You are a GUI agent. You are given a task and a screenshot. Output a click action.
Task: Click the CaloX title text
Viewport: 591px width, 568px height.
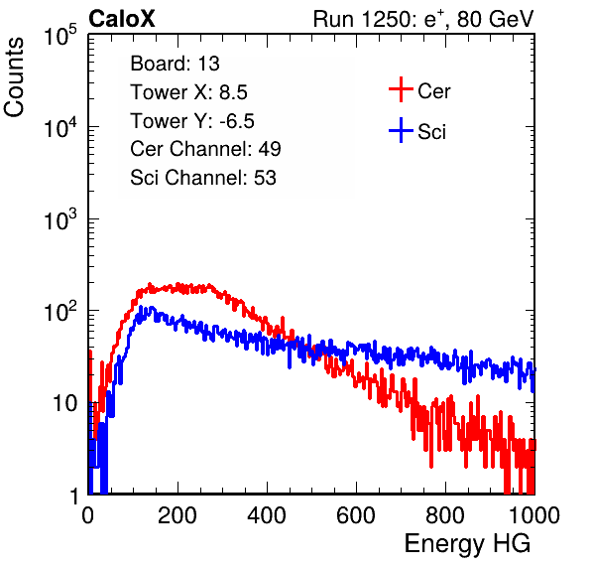pyautogui.click(x=122, y=19)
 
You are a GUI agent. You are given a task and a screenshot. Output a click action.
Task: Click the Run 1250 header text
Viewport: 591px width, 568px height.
pyautogui.click(x=423, y=19)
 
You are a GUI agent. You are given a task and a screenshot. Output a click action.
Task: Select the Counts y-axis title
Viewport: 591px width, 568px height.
pyautogui.click(x=14, y=77)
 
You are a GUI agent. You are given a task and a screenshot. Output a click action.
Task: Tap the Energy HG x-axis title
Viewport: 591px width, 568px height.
pyautogui.click(x=467, y=544)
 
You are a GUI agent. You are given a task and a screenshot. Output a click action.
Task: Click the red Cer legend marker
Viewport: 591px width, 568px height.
pyautogui.click(x=401, y=89)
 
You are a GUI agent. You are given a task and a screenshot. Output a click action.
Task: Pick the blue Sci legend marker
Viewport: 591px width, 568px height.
pyautogui.click(x=401, y=131)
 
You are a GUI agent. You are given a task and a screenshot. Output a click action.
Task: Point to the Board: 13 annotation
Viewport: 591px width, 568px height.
pyautogui.click(x=175, y=64)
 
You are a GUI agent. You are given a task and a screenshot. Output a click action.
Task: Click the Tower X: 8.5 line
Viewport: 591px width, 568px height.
pyautogui.click(x=188, y=92)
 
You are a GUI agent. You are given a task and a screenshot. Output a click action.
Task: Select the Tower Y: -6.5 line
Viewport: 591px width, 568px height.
pyautogui.click(x=192, y=121)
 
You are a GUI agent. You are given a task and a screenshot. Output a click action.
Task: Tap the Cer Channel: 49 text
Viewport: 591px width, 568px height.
pyautogui.click(x=206, y=149)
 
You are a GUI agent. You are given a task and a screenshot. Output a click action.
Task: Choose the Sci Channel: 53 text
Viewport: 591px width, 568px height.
pyautogui.click(x=203, y=178)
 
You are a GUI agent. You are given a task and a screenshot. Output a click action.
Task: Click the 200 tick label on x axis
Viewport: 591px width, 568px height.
pyautogui.click(x=177, y=515)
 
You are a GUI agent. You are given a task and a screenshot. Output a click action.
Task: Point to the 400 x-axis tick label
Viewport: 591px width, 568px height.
pyautogui.click(x=267, y=515)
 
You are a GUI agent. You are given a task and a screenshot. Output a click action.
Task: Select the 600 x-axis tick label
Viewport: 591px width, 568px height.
pyautogui.click(x=356, y=515)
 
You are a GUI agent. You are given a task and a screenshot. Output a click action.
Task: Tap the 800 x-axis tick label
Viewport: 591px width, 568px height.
pyautogui.click(x=445, y=515)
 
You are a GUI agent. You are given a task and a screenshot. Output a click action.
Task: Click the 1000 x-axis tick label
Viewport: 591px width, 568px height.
pyautogui.click(x=534, y=515)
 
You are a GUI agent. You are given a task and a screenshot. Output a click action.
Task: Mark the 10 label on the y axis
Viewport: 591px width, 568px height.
pyautogui.click(x=65, y=403)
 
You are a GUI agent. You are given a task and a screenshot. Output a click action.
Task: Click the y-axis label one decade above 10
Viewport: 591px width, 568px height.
pyautogui.click(x=60, y=312)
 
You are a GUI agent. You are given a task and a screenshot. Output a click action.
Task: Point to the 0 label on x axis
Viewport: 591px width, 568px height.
pyautogui.click(x=87, y=515)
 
